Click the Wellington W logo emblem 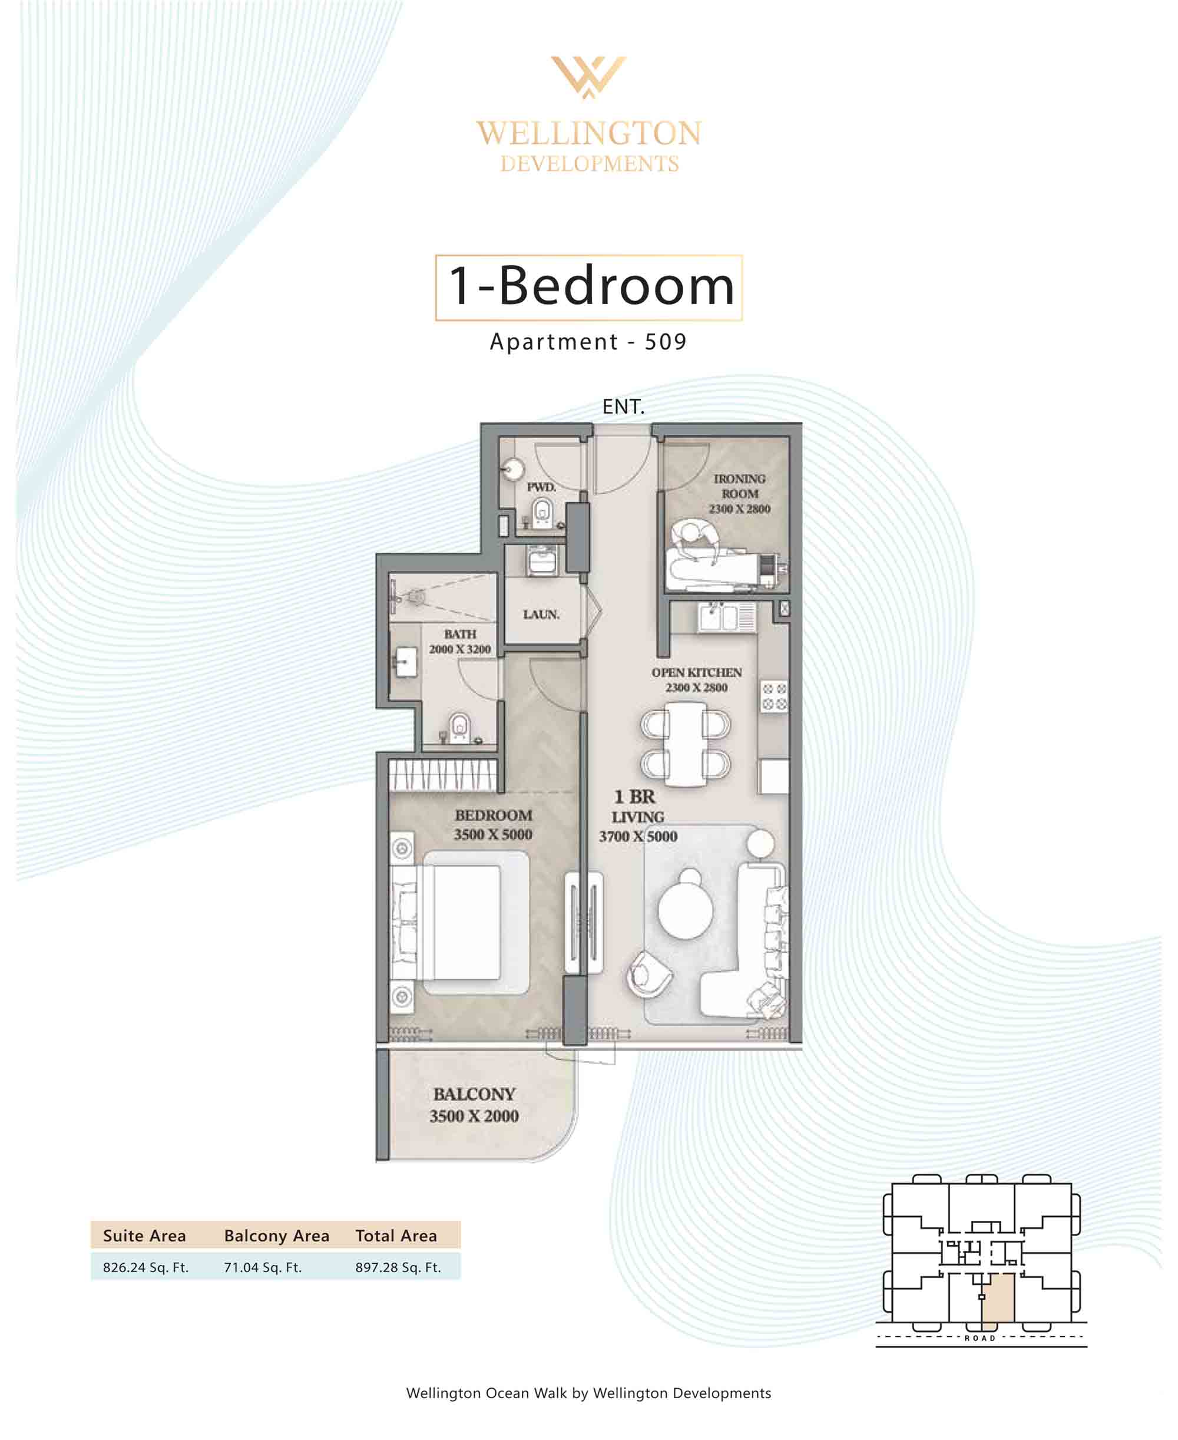[x=588, y=77]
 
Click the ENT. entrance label [x=623, y=407]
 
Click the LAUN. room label [x=541, y=614]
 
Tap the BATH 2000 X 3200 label [x=459, y=641]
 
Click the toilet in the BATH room [x=459, y=727]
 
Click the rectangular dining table [x=686, y=744]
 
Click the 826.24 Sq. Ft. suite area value [x=146, y=1267]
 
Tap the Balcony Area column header [x=276, y=1236]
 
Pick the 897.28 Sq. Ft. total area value [x=398, y=1267]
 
